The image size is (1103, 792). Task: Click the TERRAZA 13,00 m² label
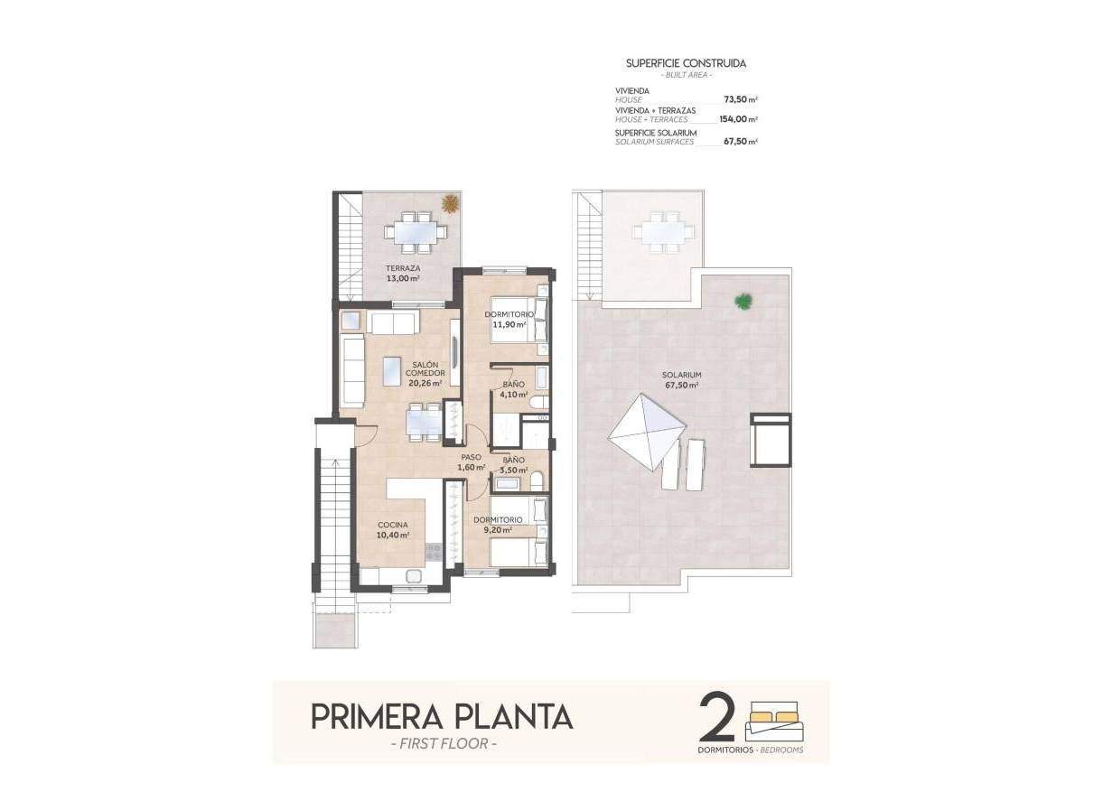tap(402, 274)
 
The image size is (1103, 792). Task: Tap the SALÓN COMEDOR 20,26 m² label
tap(424, 373)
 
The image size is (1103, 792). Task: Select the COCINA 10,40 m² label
tap(393, 529)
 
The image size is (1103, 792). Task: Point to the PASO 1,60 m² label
tap(471, 462)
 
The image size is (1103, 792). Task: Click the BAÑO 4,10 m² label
tap(513, 389)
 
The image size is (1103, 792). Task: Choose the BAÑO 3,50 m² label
tap(513, 465)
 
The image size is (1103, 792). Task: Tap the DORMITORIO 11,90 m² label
tap(509, 319)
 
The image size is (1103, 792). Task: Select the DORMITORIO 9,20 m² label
tap(498, 525)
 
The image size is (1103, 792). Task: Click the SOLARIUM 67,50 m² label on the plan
tap(681, 379)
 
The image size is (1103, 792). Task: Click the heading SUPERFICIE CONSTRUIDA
tap(686, 63)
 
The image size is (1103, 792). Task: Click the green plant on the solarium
tap(743, 301)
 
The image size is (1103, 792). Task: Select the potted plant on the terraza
tap(448, 204)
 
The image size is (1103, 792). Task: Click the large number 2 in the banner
tap(718, 718)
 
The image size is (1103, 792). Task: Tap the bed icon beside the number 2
tap(776, 722)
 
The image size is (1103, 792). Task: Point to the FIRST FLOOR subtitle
tap(443, 744)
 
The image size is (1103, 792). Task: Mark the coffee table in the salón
tap(393, 370)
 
